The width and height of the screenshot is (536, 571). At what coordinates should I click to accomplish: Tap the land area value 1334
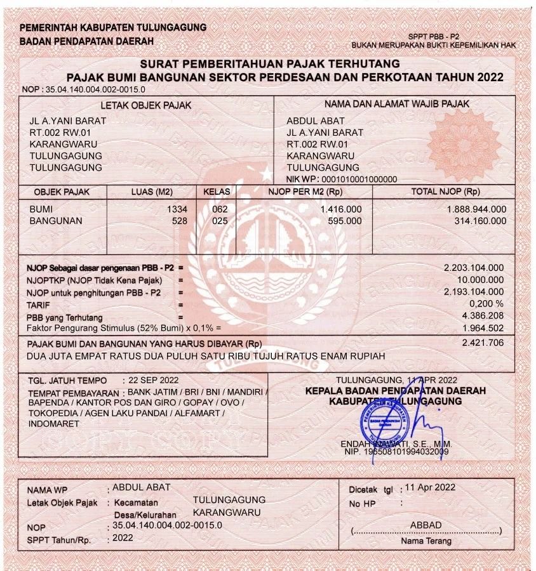[x=177, y=209]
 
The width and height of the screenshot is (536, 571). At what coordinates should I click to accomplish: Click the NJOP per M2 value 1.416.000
[x=341, y=209]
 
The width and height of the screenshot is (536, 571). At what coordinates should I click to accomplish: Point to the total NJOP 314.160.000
[x=481, y=221]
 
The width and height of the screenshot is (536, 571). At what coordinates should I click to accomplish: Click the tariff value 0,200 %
[x=487, y=303]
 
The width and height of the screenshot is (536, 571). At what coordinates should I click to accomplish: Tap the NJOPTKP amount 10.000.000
[x=480, y=280]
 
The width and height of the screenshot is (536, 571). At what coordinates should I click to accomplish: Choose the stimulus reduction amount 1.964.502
[x=483, y=328]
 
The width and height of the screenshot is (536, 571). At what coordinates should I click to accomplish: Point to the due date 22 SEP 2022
[x=154, y=380]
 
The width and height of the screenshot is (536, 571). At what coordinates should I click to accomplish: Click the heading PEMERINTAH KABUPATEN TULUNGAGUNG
[x=113, y=28]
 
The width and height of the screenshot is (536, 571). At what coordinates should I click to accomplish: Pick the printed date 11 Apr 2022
[x=430, y=487]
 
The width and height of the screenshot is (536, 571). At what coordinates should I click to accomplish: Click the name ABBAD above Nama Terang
[x=425, y=525]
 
